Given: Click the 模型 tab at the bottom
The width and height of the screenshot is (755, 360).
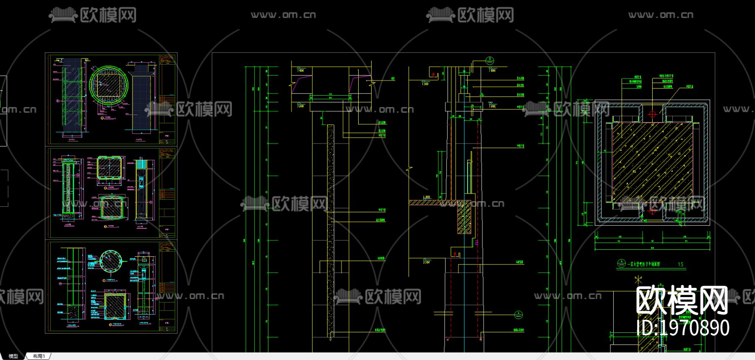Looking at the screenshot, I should coord(13,356).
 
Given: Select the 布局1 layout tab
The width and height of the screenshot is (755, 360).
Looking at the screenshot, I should coord(39,356).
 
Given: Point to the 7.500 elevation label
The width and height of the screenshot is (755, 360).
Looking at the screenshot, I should coord(425,84).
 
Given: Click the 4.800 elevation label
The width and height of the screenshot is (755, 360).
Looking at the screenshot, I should coord(426,197).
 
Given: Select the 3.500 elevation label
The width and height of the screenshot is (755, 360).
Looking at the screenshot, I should coord(426,262).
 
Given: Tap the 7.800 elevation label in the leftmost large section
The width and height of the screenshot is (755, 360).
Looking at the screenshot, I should coord(300,70).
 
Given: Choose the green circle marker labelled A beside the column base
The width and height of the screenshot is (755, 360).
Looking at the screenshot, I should coord(518,314).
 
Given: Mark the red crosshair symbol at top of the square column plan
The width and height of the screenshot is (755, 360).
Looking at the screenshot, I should coord(652,114).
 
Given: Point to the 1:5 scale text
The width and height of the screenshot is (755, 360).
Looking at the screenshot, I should coord(680,264).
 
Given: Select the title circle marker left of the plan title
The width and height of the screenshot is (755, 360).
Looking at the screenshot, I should coord(621,263).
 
